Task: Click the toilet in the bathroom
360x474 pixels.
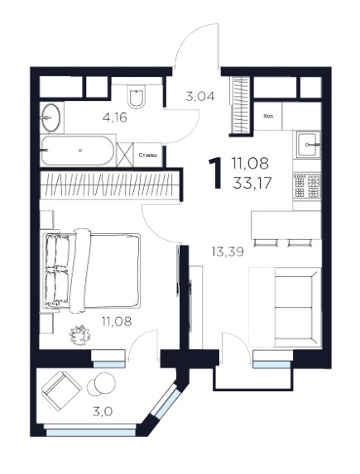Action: tap(136, 96)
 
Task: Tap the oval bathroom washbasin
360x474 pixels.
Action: tap(50, 117)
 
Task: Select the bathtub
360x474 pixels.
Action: tap(78, 151)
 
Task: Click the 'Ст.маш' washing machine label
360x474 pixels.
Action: tap(147, 156)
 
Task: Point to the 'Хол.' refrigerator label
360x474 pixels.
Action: tap(269, 116)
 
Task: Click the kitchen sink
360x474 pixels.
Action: tap(308, 145)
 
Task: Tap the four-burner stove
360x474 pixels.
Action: tap(307, 185)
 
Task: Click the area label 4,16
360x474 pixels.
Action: tap(115, 117)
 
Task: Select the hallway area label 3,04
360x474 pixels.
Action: tap(200, 97)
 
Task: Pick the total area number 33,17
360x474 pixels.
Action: tap(252, 183)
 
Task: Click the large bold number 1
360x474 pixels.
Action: tap(216, 174)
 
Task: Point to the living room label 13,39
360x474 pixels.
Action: tap(228, 251)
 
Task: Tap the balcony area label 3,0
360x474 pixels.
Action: tap(103, 411)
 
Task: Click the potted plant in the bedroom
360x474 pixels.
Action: tap(80, 335)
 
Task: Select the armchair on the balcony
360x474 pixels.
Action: tap(61, 390)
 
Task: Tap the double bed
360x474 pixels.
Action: tap(92, 271)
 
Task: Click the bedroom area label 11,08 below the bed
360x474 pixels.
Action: tap(117, 322)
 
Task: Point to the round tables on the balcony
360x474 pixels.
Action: tap(101, 384)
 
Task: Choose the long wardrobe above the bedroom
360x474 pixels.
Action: tap(108, 184)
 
